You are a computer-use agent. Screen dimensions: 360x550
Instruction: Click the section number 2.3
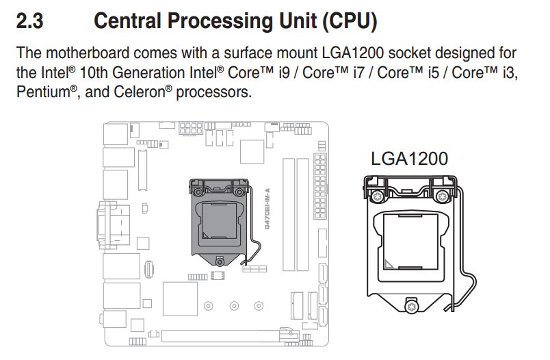coord(29,21)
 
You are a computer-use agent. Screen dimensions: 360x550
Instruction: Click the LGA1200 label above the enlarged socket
coord(409,159)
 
